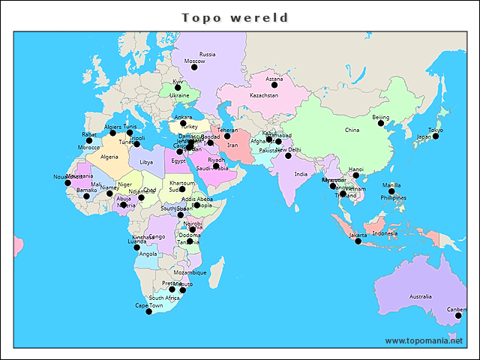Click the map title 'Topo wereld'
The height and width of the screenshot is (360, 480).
click(x=235, y=17)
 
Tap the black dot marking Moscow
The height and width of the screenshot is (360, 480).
click(x=194, y=67)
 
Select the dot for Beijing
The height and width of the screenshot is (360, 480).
click(x=381, y=124)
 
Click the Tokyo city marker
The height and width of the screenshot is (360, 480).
click(x=436, y=136)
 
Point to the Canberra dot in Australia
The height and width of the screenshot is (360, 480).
click(x=458, y=316)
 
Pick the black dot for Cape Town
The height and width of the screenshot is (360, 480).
click(x=148, y=312)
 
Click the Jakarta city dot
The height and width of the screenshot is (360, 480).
click(x=358, y=241)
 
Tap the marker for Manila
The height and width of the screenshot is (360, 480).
click(x=391, y=191)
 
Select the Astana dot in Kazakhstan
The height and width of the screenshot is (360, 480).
click(x=274, y=85)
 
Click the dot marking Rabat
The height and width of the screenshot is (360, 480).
click(x=89, y=140)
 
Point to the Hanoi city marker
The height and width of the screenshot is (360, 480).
click(x=356, y=175)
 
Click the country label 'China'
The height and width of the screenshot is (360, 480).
click(x=352, y=130)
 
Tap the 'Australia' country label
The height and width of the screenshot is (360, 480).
click(x=420, y=297)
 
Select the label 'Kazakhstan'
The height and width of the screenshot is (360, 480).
click(x=264, y=96)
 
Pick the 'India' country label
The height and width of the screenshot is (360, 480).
click(x=301, y=174)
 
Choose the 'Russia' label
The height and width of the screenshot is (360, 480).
click(x=207, y=54)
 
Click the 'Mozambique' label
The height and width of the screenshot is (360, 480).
click(x=190, y=272)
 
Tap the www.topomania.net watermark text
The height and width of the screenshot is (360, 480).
click(x=429, y=340)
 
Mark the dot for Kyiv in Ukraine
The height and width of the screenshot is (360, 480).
click(x=178, y=88)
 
